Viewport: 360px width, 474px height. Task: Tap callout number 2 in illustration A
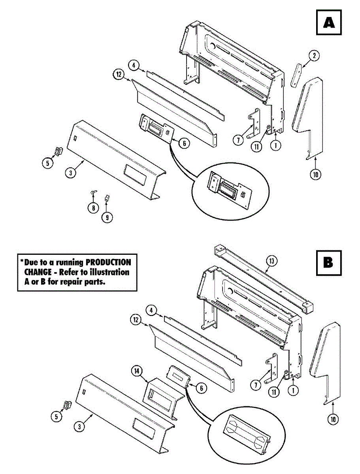click(314, 56)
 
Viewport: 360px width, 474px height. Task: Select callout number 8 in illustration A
click(93, 208)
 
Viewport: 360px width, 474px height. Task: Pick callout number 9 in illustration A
click(107, 216)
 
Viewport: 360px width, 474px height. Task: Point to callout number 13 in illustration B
click(272, 261)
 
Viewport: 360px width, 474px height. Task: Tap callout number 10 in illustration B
click(333, 419)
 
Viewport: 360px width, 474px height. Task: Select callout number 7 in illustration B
click(256, 384)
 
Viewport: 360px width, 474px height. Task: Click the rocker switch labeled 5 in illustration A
click(59, 150)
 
